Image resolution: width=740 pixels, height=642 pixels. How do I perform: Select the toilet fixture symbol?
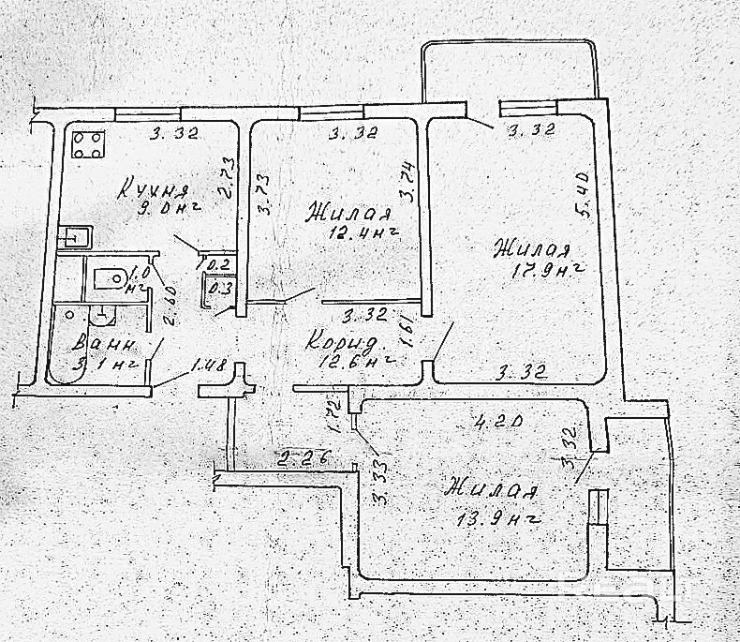click(111, 278)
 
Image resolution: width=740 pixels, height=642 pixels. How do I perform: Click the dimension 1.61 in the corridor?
click(405, 333)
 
